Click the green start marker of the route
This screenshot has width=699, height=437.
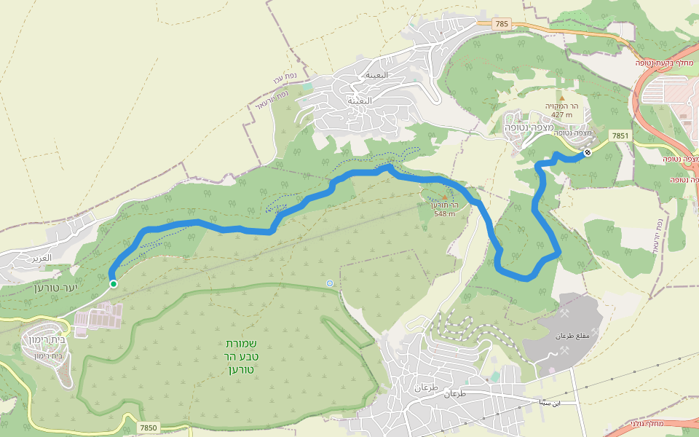pyautogui.click(x=113, y=284)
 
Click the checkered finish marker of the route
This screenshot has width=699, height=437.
pyautogui.click(x=587, y=153)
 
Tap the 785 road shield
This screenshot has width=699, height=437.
pyautogui.click(x=501, y=24)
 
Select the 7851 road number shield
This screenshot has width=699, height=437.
pyautogui.click(x=620, y=135)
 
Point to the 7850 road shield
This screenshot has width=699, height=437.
pyautogui.click(x=149, y=428)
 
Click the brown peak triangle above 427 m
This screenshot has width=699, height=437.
pyautogui.click(x=561, y=97)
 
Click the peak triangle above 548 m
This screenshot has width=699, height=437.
pyautogui.click(x=444, y=196)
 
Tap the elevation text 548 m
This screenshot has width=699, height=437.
pyautogui.click(x=444, y=213)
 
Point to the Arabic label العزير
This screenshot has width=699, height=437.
pyautogui.click(x=42, y=258)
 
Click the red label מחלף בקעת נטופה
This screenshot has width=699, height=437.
pyautogui.click(x=666, y=63)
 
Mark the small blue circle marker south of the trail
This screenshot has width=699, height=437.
pyautogui.click(x=331, y=283)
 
